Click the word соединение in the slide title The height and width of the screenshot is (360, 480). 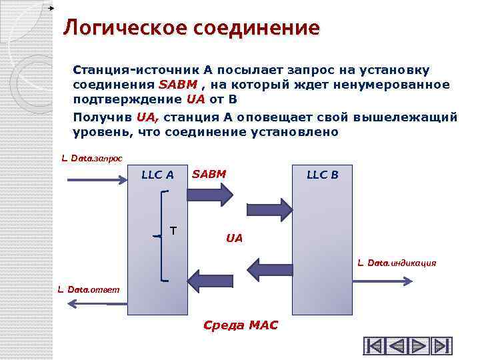(x=257, y=28)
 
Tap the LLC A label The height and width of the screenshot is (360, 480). (x=157, y=175)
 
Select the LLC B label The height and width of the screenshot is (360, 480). (x=322, y=175)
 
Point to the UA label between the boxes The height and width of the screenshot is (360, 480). (x=235, y=237)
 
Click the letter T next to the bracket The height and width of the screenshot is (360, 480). (x=173, y=231)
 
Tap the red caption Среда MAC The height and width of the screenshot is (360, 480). (x=240, y=325)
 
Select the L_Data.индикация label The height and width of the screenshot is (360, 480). (x=397, y=263)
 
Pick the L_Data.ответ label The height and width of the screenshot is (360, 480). (x=89, y=289)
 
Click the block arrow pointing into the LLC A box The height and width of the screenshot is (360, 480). (x=209, y=279)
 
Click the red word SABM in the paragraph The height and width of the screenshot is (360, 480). (x=177, y=85)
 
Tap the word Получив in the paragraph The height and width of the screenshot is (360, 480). (x=102, y=117)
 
